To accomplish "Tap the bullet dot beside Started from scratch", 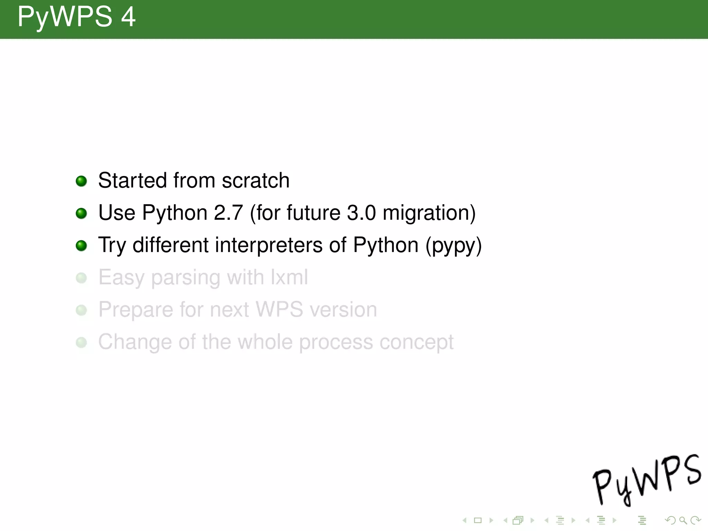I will pyautogui.click(x=81, y=181).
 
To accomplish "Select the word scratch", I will pyautogui.click(x=255, y=180).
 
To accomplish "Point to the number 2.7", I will pyautogui.click(x=228, y=213).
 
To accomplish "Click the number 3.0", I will pyautogui.click(x=361, y=213).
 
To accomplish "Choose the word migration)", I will pyautogui.click(x=429, y=213).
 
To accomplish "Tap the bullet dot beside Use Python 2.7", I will pyautogui.click(x=81, y=213).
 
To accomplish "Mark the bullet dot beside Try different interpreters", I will pyautogui.click(x=81, y=246).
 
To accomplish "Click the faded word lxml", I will pyautogui.click(x=289, y=277).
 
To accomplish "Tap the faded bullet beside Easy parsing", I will pyautogui.click(x=81, y=278).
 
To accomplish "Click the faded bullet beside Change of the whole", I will pyautogui.click(x=81, y=342).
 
